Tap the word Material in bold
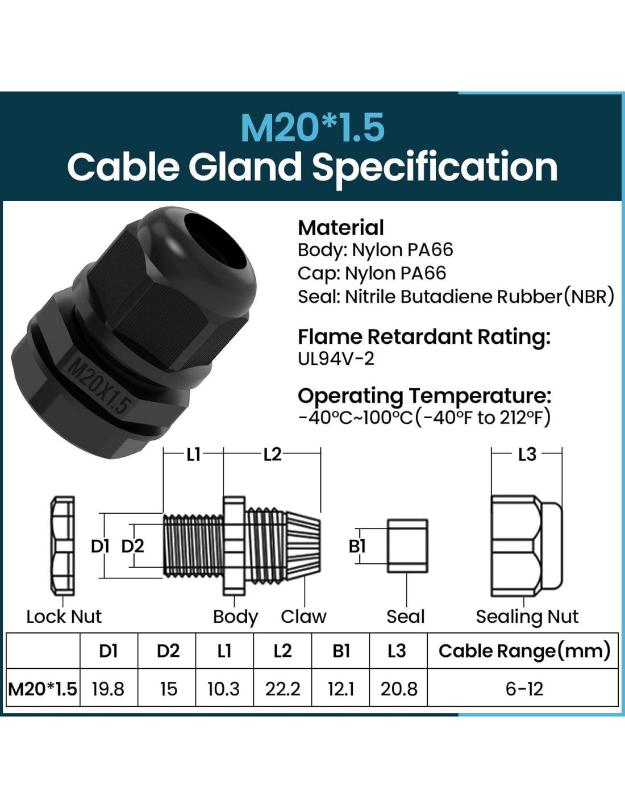(x=341, y=227)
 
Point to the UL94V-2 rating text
(x=336, y=359)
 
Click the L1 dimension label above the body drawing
(x=193, y=454)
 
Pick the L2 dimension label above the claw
(x=272, y=454)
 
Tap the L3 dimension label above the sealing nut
(x=527, y=454)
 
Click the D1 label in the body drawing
(x=101, y=546)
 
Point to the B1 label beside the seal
(x=357, y=546)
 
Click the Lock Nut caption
(x=64, y=617)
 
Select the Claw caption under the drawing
(x=303, y=617)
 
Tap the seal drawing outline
(x=407, y=545)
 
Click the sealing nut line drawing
(x=526, y=545)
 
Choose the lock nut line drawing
(x=63, y=545)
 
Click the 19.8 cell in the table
(x=108, y=689)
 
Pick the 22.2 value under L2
(x=282, y=689)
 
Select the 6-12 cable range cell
(x=524, y=689)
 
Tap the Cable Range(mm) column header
(x=524, y=651)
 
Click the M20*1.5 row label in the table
(x=43, y=689)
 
